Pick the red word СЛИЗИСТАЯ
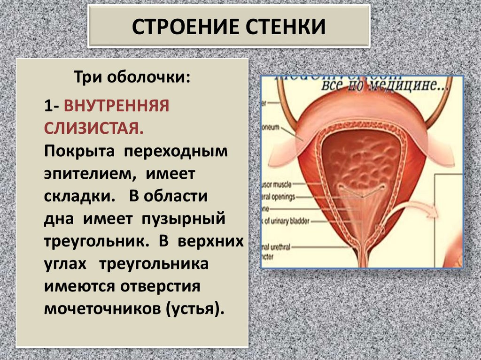[94, 128]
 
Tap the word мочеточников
[102, 309]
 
